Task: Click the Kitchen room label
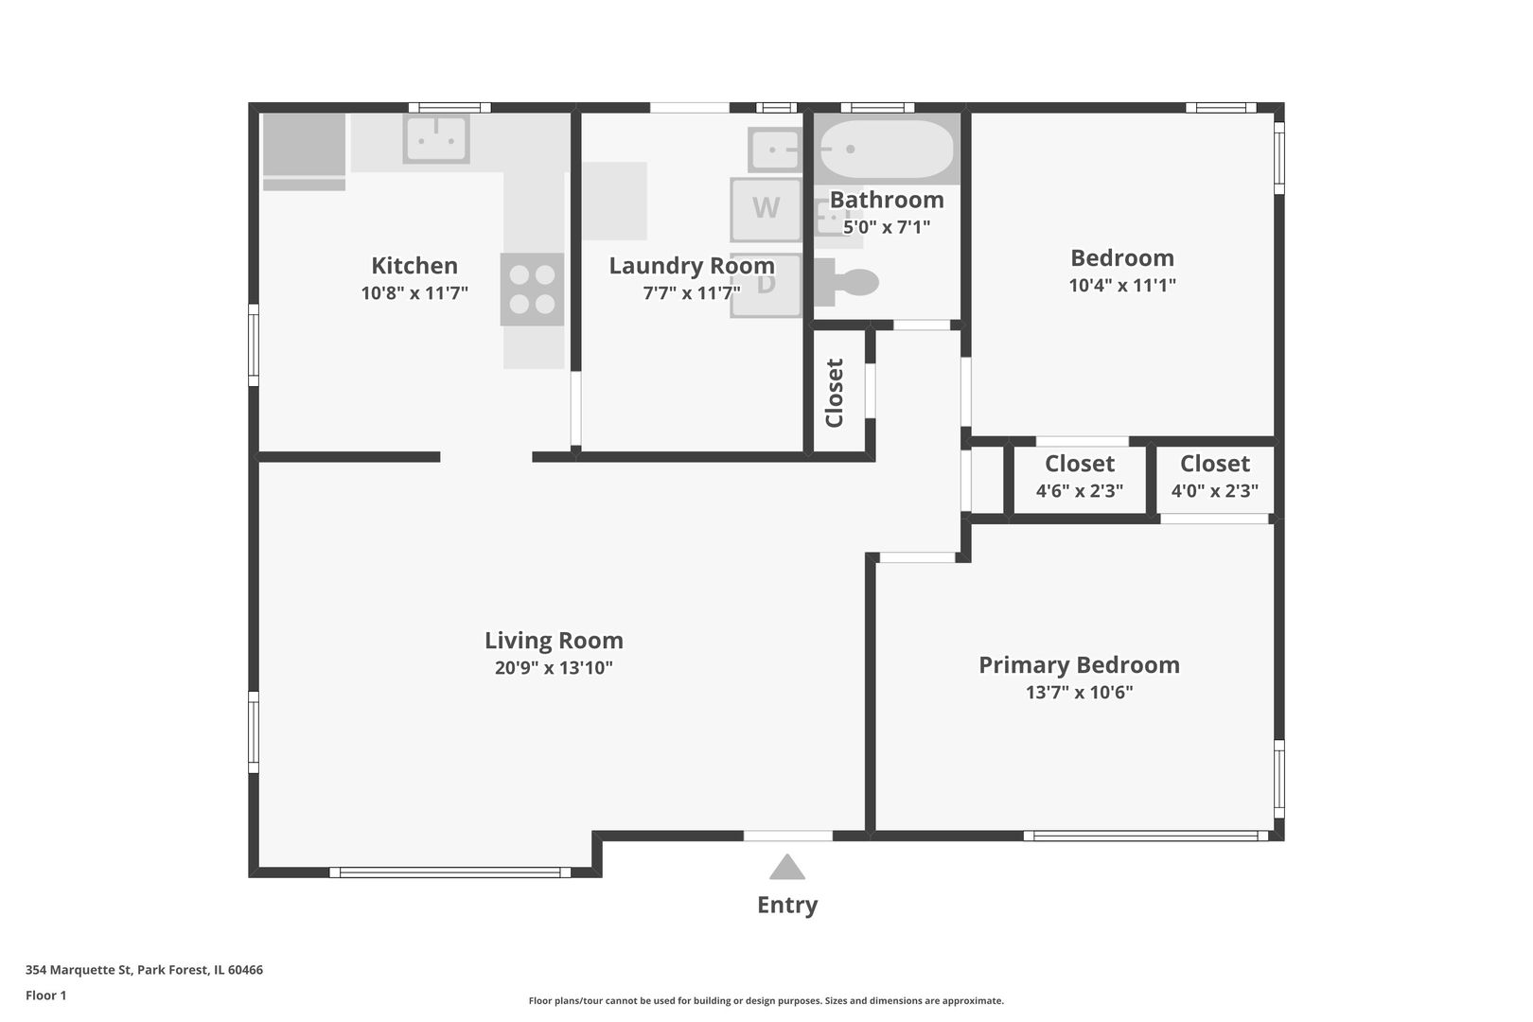coord(414,265)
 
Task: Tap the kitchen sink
coord(436,139)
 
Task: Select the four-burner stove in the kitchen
coord(532,289)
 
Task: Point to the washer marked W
coord(766,209)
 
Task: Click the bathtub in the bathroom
coord(887,150)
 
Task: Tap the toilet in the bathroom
coord(846,282)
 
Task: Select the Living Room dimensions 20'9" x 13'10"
coord(554,667)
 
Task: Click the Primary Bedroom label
coord(1080,664)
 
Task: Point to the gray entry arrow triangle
coord(787,867)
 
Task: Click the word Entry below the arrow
coord(787,905)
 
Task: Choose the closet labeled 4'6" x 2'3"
coord(1080,477)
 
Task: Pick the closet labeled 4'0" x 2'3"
coord(1215,477)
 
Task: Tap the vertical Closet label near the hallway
coord(835,393)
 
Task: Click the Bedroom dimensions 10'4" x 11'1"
coord(1122,285)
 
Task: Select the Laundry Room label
coord(692,265)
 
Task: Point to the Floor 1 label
coord(45,996)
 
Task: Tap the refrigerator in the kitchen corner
coord(304,152)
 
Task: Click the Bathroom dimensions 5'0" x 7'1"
coord(887,226)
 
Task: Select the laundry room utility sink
coord(774,150)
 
